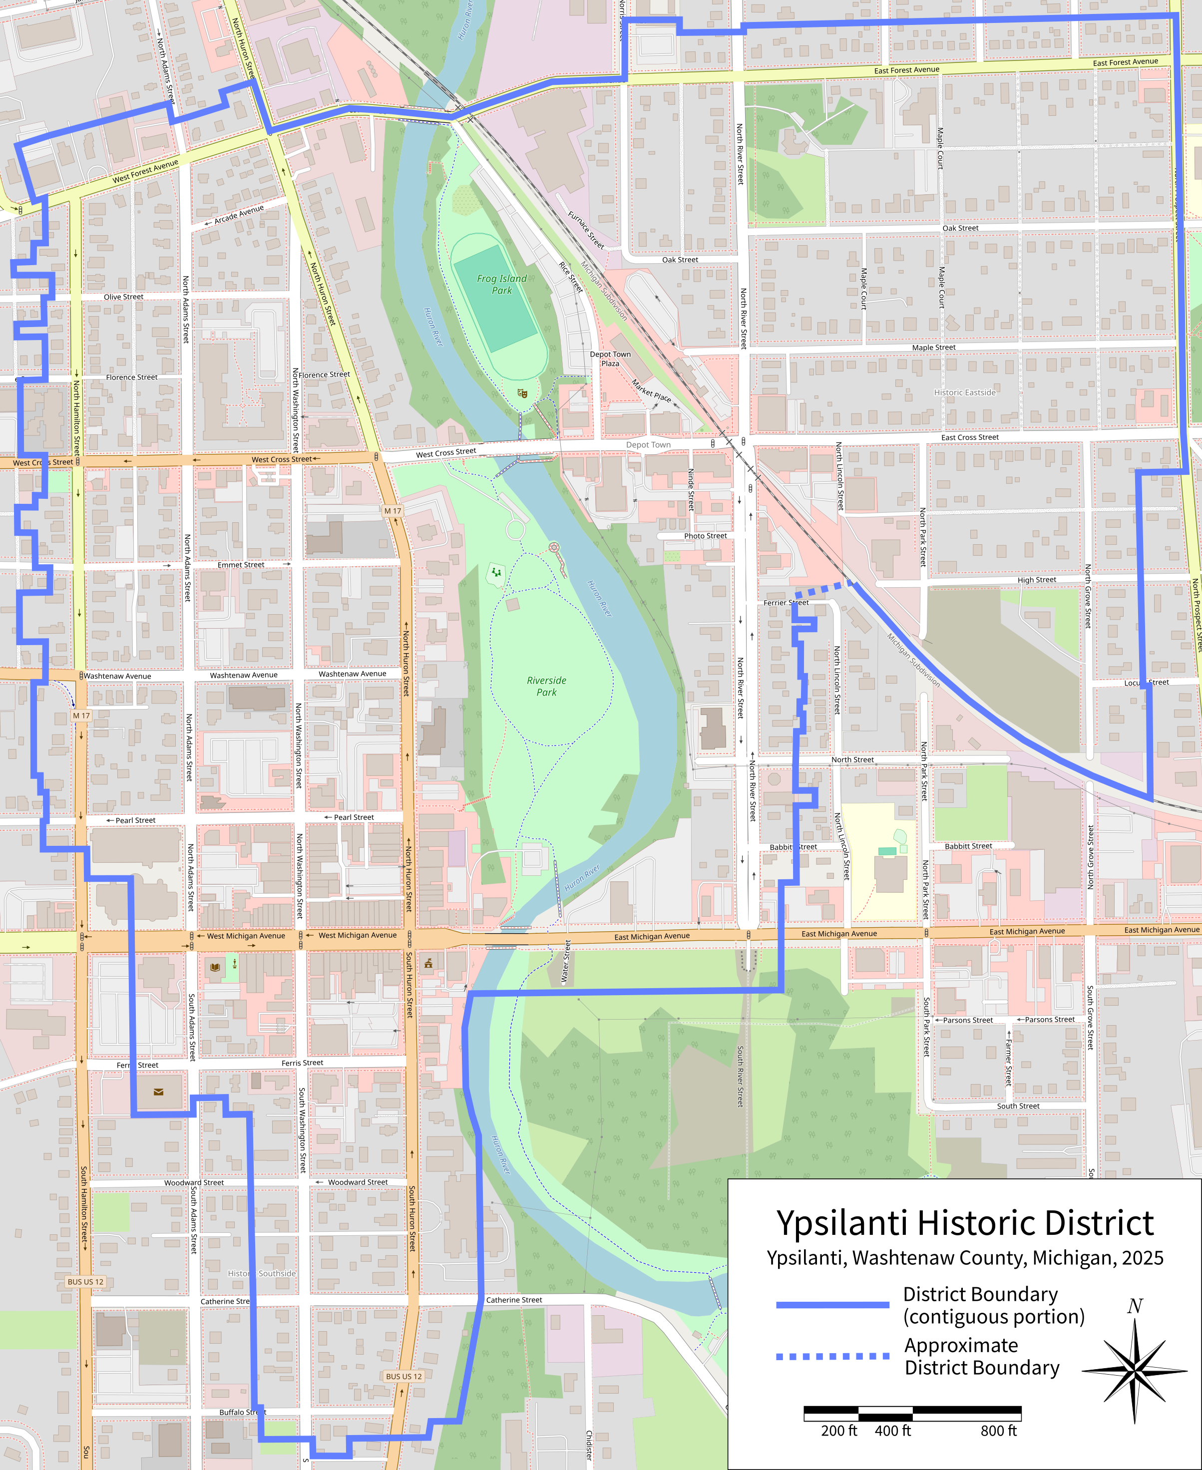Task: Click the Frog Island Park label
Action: tap(502, 284)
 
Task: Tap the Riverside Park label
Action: tap(546, 686)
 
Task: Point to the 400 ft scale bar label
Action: tap(892, 1431)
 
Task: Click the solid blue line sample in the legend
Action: tap(832, 1305)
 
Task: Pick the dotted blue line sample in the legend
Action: tap(832, 1356)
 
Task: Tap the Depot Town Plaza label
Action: tap(610, 359)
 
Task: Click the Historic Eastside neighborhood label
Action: tap(964, 392)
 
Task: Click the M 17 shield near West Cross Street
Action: tap(393, 511)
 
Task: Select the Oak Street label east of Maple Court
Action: tap(960, 228)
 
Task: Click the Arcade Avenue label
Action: tap(239, 215)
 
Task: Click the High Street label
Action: tap(1037, 580)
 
